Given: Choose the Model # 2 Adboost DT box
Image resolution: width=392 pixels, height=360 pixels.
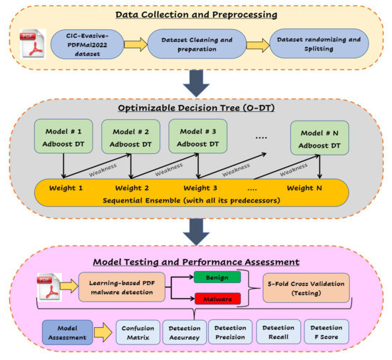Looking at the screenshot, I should coord(130,137).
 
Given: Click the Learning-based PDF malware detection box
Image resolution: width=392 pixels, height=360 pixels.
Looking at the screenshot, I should coord(122,287).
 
